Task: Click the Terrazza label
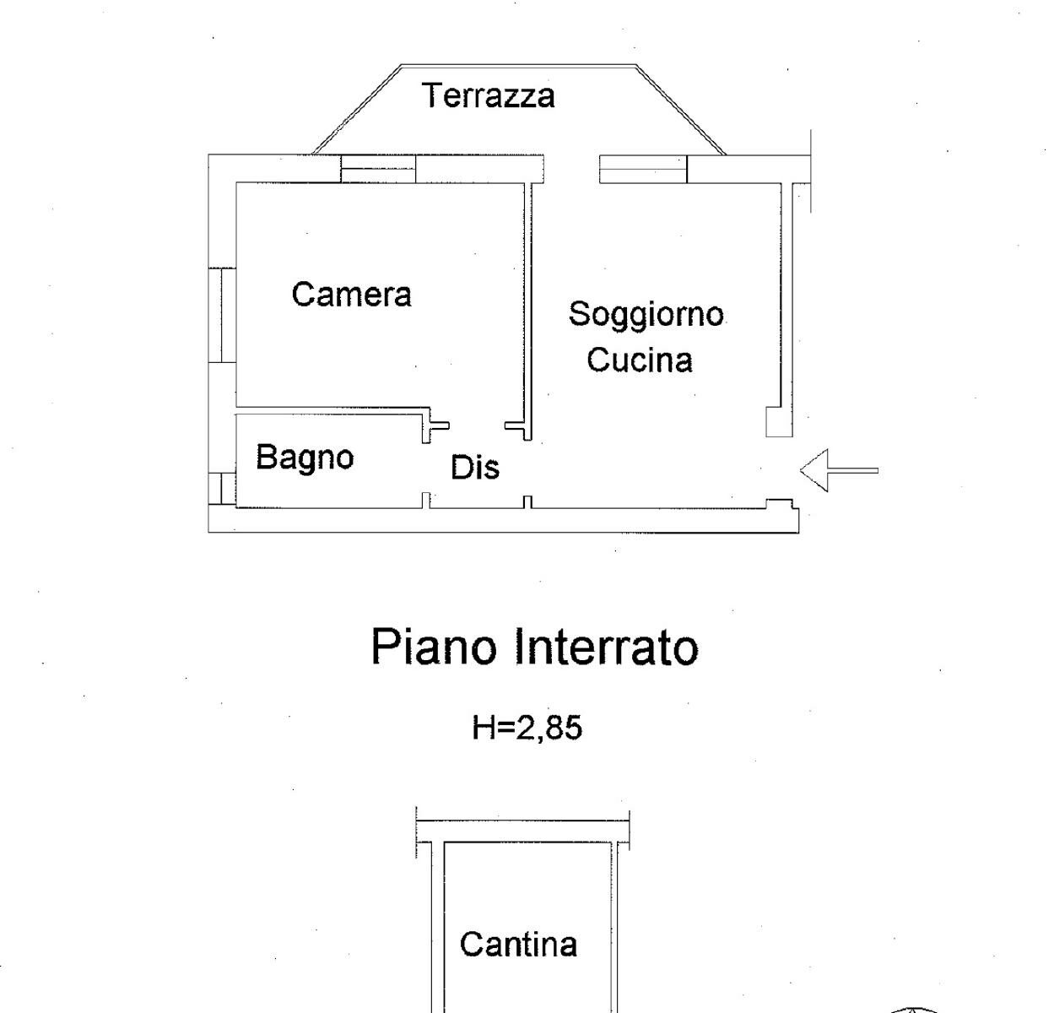point(489,95)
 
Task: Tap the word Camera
point(351,295)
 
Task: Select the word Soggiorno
point(646,314)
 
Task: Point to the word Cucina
point(640,360)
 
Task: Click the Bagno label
point(305,458)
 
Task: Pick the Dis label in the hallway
point(474,468)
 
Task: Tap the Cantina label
point(518,943)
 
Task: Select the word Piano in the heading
point(434,647)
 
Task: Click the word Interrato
point(606,647)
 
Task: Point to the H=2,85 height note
point(527,727)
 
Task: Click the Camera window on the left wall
point(222,315)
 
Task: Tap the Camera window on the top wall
point(378,169)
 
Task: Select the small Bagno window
point(222,489)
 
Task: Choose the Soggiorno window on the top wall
point(642,169)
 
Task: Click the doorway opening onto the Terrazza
point(571,169)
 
